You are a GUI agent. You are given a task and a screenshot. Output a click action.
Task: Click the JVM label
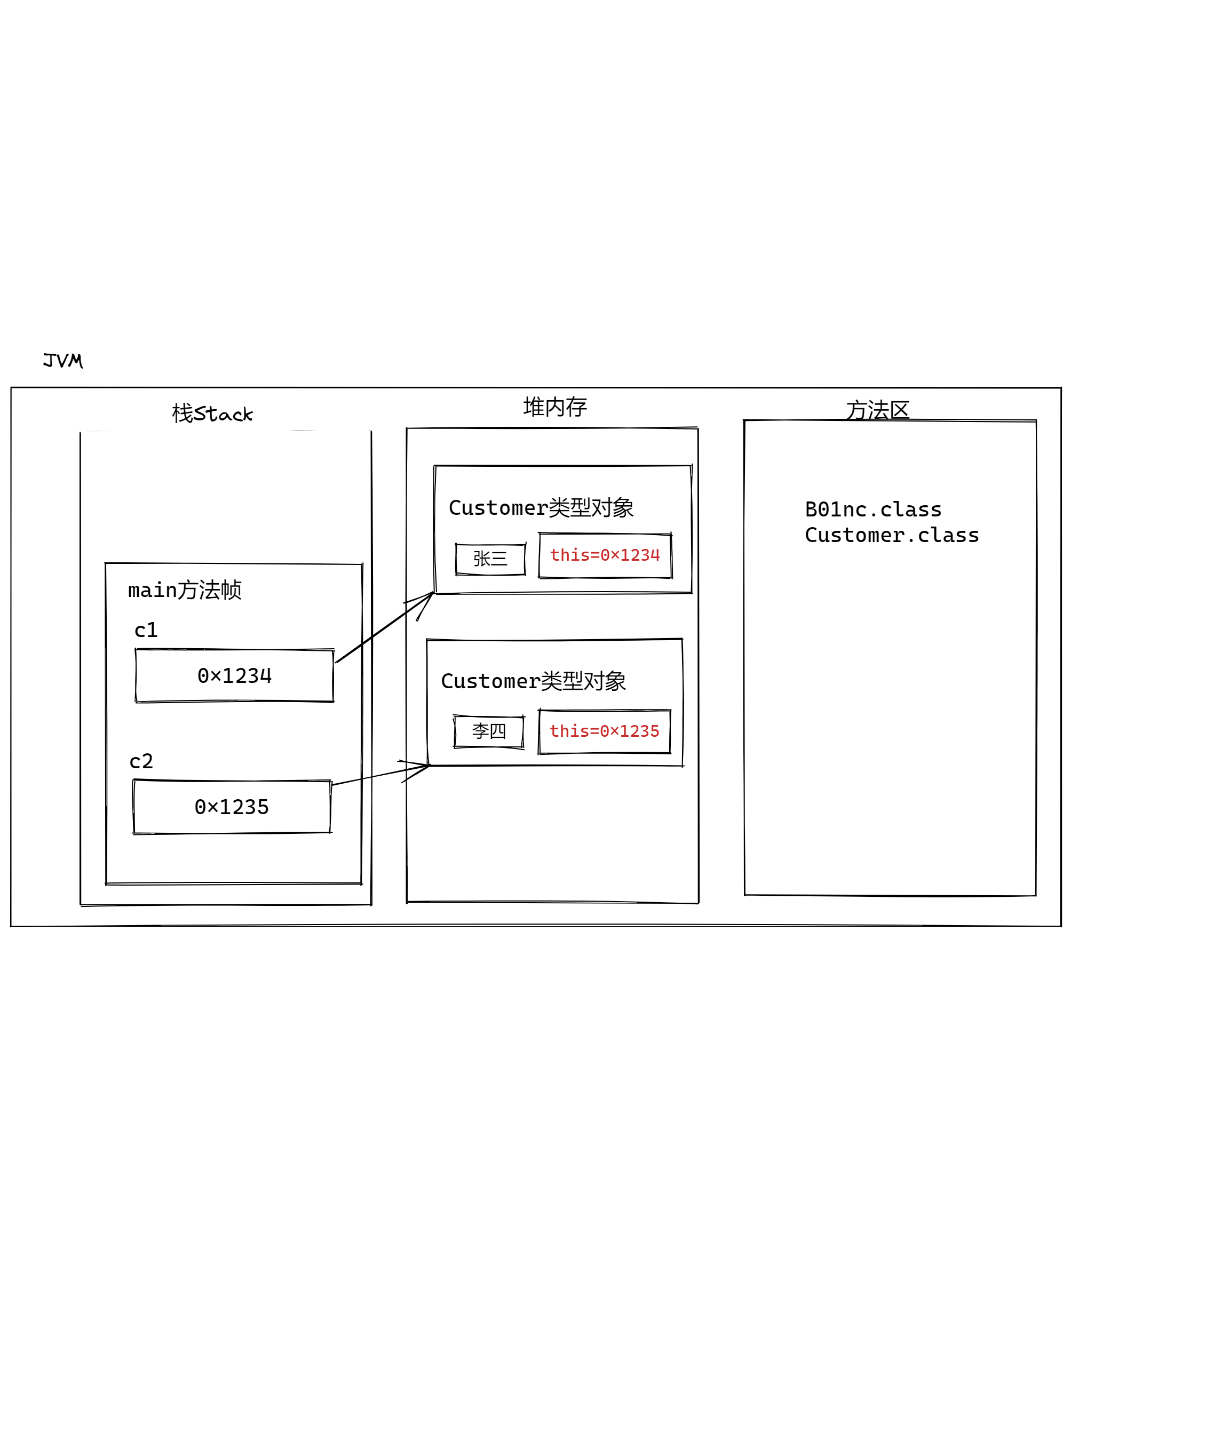[62, 360]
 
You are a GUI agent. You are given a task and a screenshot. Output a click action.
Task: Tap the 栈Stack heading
[212, 413]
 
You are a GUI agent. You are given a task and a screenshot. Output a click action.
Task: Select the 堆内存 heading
[554, 407]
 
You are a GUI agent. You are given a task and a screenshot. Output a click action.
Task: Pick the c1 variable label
[146, 630]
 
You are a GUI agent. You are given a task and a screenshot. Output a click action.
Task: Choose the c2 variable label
[141, 761]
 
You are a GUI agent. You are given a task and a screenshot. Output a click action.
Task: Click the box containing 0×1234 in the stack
[234, 676]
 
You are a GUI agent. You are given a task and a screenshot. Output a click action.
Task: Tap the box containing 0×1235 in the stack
[232, 807]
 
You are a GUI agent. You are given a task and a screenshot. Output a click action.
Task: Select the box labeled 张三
[490, 559]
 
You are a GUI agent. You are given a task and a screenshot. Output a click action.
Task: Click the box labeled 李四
[488, 731]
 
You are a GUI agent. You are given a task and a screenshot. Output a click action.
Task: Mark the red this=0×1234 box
[605, 555]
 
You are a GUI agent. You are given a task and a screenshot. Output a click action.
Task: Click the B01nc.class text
[873, 509]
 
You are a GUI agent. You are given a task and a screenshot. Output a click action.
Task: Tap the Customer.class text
[892, 535]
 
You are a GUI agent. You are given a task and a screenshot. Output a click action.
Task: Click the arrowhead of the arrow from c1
[429, 596]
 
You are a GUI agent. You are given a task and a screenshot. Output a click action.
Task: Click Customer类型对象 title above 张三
[541, 508]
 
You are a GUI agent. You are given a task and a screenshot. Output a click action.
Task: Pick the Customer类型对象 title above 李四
[533, 681]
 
